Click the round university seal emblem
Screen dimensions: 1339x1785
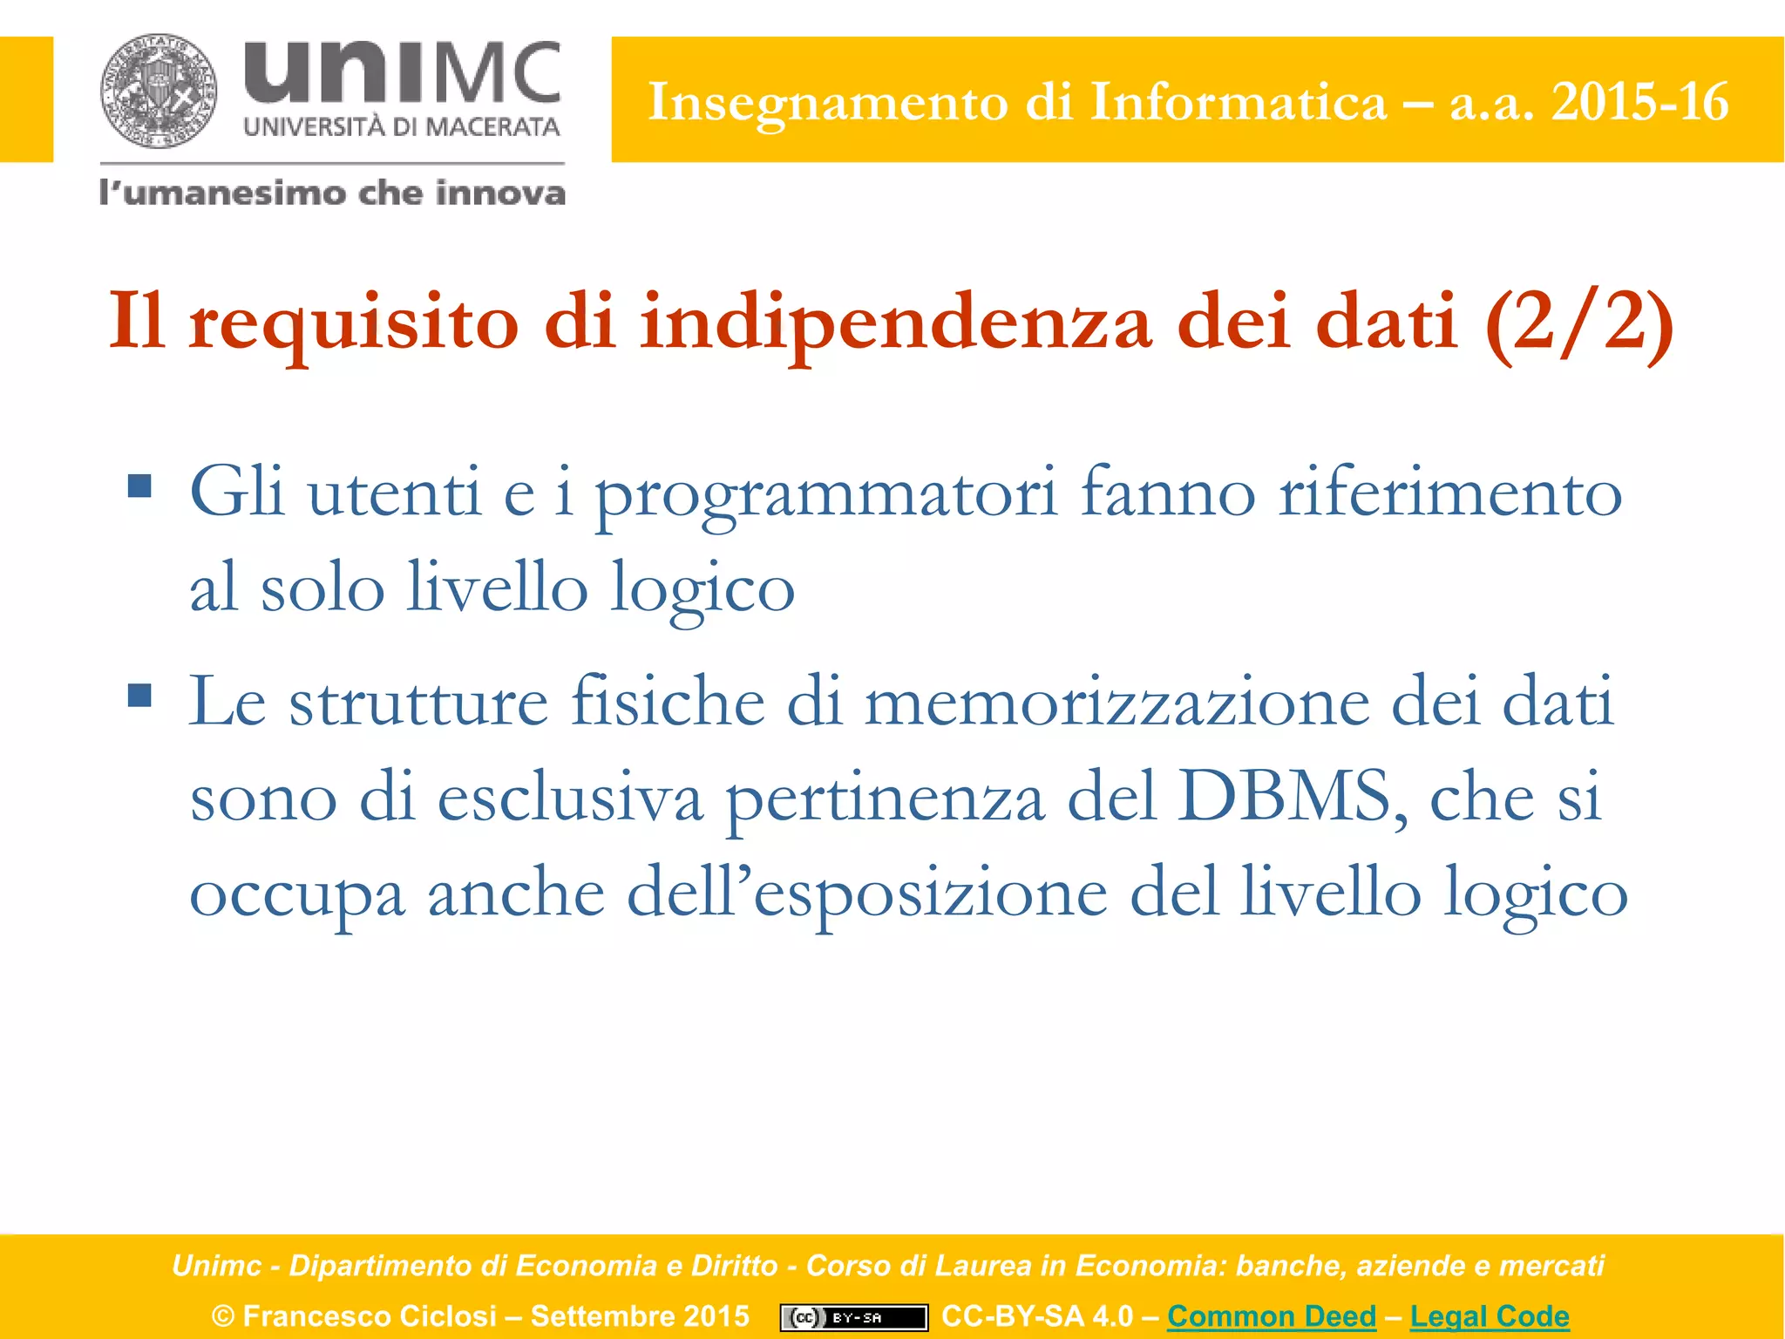pyautogui.click(x=159, y=91)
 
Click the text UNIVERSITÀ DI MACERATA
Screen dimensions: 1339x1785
pyautogui.click(x=401, y=127)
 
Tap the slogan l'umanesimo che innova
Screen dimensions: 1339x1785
pyautogui.click(x=332, y=193)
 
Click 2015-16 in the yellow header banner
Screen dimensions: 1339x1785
pyautogui.click(x=1639, y=102)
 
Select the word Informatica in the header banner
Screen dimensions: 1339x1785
pyautogui.click(x=1238, y=102)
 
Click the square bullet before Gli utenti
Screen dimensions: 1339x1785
pyautogui.click(x=139, y=485)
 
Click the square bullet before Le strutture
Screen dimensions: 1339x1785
pyautogui.click(x=139, y=695)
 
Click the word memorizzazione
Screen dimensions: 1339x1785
pyautogui.click(x=1116, y=703)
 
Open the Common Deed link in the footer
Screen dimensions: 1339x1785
pyautogui.click(x=1271, y=1315)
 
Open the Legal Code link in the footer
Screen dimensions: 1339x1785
pyautogui.click(x=1489, y=1315)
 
